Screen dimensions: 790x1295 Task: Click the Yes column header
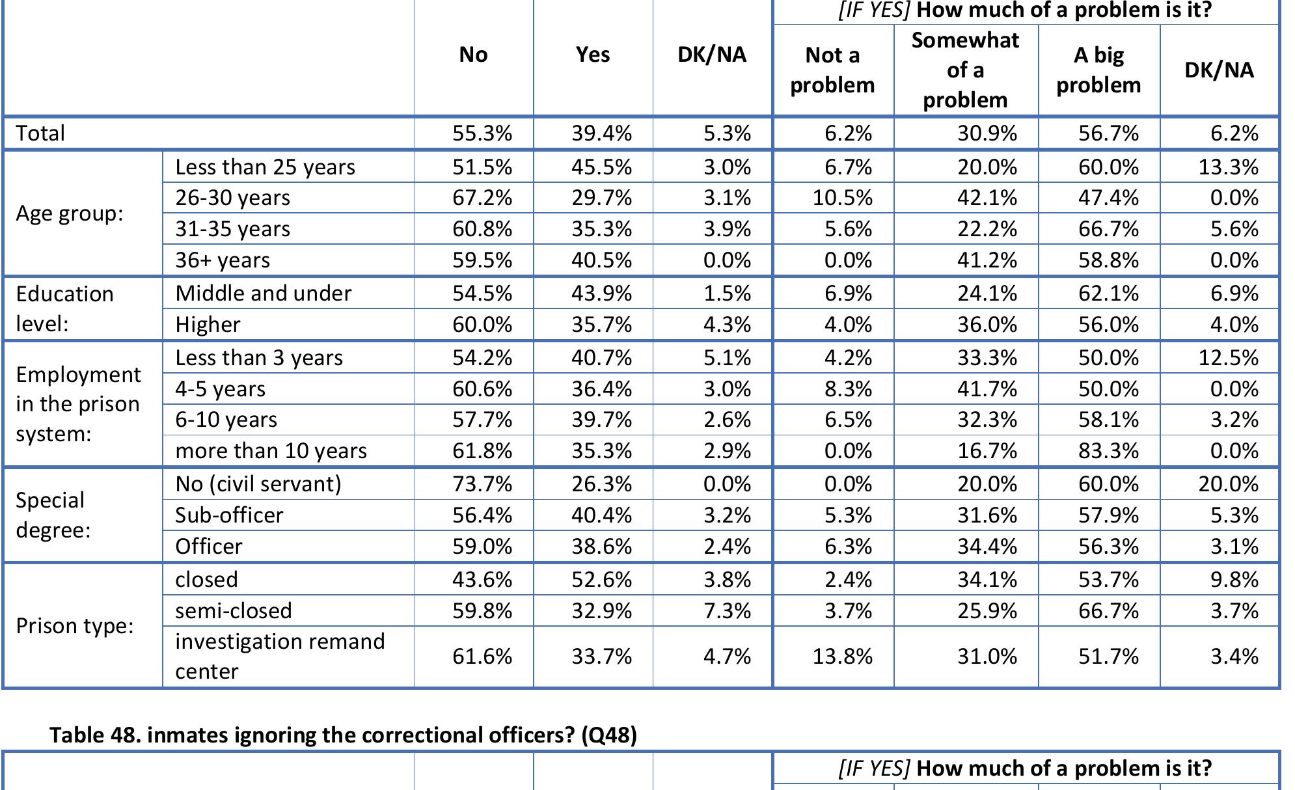tap(593, 55)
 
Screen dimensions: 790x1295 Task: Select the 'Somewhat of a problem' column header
tap(965, 70)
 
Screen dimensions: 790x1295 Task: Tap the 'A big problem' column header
tap(1098, 70)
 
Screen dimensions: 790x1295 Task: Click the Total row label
tap(40, 133)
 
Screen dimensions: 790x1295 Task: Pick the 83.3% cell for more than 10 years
tap(1108, 451)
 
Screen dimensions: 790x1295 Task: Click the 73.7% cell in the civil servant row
tap(482, 484)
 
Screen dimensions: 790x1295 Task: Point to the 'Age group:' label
tap(70, 213)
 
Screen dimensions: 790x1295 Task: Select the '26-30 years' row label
tap(232, 198)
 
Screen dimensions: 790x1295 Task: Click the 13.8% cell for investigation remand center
tap(842, 657)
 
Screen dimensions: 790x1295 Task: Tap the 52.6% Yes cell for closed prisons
tap(601, 580)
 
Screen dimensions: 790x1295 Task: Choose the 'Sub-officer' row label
tap(229, 515)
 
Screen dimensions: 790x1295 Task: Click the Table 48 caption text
tap(343, 735)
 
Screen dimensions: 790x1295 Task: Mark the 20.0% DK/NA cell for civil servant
tap(1228, 484)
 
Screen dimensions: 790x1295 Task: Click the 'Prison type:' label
tap(74, 626)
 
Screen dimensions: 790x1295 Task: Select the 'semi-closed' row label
tap(233, 611)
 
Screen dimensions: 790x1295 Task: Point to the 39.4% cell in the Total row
tap(601, 133)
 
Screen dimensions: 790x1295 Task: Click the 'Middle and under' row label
tap(263, 293)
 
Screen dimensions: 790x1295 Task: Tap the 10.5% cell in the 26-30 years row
tap(842, 198)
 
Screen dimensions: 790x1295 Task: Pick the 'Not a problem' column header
tap(832, 70)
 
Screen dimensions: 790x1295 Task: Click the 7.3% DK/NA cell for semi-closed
tap(727, 611)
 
